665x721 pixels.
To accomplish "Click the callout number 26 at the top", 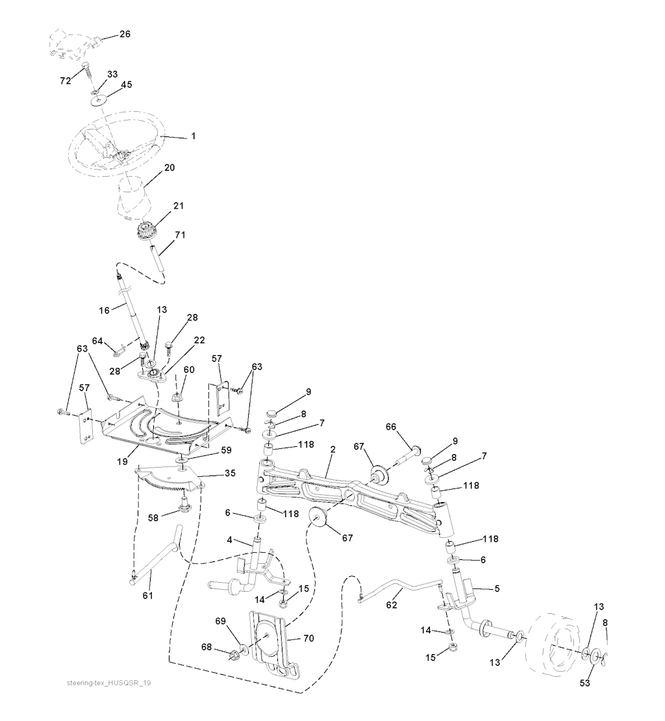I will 125,34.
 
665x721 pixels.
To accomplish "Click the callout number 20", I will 169,167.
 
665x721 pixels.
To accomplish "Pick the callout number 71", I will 180,234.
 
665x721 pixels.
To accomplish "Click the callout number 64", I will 97,340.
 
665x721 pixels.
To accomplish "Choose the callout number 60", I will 188,370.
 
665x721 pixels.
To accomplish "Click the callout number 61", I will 148,595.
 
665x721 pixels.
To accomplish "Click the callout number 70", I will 308,639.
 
